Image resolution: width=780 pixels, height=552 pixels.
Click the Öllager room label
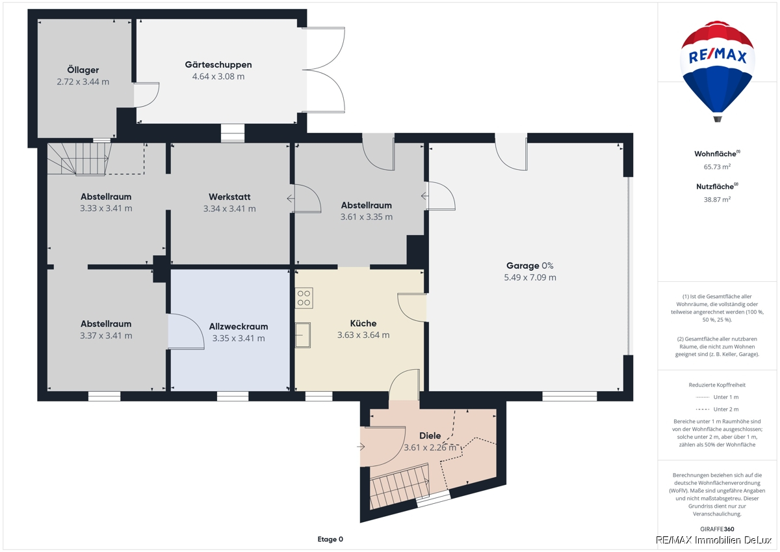tap(83, 70)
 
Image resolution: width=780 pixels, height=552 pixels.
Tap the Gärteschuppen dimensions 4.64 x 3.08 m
tap(218, 76)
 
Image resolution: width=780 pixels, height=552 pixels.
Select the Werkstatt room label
tap(229, 197)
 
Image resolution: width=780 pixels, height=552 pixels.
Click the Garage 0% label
tap(530, 266)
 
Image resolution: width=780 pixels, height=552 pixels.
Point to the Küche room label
tap(363, 324)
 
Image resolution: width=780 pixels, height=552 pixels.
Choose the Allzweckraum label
tap(239, 326)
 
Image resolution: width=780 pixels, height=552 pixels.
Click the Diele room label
tap(430, 435)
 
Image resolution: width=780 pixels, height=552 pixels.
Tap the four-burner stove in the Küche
tap(304, 297)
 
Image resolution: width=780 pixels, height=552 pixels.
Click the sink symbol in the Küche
tap(303, 335)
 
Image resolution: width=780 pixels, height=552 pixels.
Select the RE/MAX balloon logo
tap(718, 71)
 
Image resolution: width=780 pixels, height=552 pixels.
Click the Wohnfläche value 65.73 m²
tap(717, 167)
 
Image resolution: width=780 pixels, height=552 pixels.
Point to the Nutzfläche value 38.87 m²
tap(717, 199)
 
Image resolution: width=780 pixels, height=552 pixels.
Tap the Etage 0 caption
tap(330, 539)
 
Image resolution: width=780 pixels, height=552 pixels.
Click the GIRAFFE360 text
tap(717, 529)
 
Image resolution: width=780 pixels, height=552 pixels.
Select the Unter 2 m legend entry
tap(717, 409)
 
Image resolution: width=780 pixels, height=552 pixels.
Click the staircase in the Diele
tap(399, 486)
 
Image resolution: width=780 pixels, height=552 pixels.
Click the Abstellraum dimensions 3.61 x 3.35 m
tap(367, 217)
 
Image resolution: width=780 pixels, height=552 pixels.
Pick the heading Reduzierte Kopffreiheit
tap(717, 385)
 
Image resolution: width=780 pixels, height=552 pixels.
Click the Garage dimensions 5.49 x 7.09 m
tap(530, 277)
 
